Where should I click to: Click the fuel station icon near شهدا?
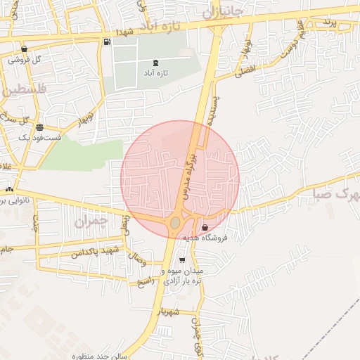pyautogui.click(x=107, y=41)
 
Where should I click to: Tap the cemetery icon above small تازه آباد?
pyautogui.click(x=155, y=63)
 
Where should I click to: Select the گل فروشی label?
pyautogui.click(x=25, y=60)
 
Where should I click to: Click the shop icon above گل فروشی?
pyautogui.click(x=25, y=49)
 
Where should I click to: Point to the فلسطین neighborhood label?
pyautogui.click(x=22, y=90)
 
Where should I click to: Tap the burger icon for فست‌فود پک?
pyautogui.click(x=39, y=128)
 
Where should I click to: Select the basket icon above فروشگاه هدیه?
pyautogui.click(x=205, y=228)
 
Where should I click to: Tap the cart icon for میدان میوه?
pyautogui.click(x=182, y=261)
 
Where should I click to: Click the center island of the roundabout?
pyautogui.click(x=174, y=224)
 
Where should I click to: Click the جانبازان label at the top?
pyautogui.click(x=221, y=12)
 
